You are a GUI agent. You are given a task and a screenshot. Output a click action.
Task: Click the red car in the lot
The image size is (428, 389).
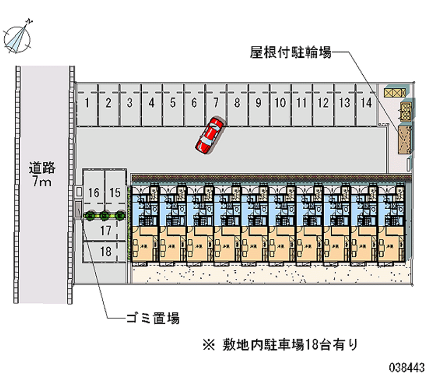pyautogui.click(x=209, y=136)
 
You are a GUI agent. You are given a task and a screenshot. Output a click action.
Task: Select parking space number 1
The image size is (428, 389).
pyautogui.click(x=87, y=103)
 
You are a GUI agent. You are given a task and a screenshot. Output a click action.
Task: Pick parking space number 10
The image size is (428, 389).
pyautogui.click(x=280, y=103)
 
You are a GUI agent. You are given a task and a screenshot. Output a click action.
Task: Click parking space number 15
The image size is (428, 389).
pyautogui.click(x=115, y=193)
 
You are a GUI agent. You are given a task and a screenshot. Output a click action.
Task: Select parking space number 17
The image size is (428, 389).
pyautogui.click(x=105, y=231)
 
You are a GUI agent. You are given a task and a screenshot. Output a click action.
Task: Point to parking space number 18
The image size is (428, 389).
pyautogui.click(x=105, y=251)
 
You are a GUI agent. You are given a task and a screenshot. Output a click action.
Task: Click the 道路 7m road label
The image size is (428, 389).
pyautogui.click(x=41, y=174)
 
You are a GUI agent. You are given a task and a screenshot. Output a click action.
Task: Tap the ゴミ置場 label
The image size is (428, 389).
pyautogui.click(x=152, y=319)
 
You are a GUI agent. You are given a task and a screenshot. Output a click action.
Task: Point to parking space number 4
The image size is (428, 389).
pyautogui.click(x=151, y=103)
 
